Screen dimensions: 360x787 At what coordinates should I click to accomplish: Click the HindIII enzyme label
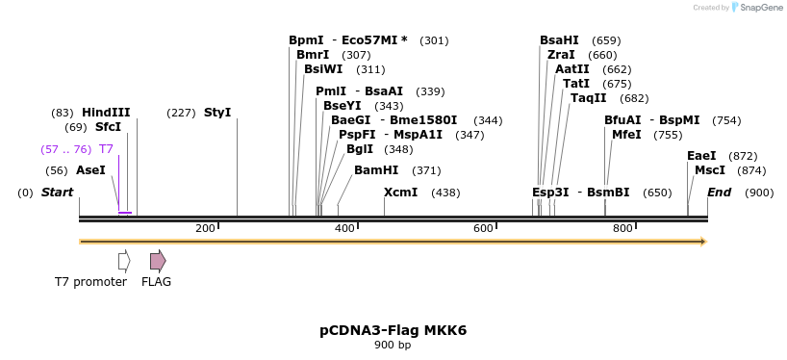coord(106,113)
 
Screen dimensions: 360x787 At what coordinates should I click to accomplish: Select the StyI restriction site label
coord(217,113)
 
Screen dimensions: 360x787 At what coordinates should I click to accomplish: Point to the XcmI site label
coord(400,193)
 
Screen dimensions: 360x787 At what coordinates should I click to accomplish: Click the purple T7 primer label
coord(106,149)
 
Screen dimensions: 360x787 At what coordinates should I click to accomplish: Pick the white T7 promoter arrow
coord(124,261)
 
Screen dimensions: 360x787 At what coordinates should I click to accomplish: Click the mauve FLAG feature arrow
coord(158,261)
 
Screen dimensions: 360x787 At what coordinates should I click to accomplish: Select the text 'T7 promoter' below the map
coord(90,282)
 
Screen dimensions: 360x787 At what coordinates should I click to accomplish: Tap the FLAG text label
coord(157,282)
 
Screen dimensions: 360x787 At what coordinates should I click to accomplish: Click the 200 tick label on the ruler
coord(205,228)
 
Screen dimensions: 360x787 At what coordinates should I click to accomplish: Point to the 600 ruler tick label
coord(483,228)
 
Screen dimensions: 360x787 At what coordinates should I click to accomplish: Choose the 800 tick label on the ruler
coord(622,228)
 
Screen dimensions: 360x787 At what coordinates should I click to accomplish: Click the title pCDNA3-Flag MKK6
coord(393,330)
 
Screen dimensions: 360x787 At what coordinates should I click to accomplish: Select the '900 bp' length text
coord(393,346)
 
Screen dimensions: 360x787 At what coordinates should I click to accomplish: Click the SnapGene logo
coord(757,8)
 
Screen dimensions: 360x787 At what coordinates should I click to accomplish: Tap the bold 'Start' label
coord(57,193)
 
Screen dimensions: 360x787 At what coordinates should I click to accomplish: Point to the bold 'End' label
coord(720,193)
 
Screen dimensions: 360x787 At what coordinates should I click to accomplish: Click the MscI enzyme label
coord(710,170)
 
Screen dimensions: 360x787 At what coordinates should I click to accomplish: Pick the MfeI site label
coord(626,135)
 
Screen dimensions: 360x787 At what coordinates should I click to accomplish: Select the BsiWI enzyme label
coord(323,69)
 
